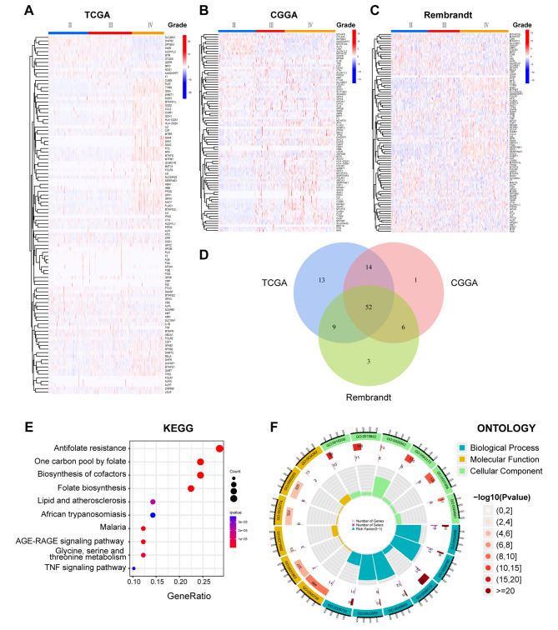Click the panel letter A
click(31, 11)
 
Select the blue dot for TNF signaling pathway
click(133, 568)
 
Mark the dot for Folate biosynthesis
click(191, 487)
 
